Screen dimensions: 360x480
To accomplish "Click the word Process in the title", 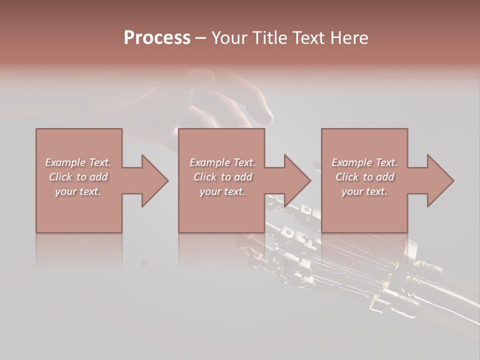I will [157, 38].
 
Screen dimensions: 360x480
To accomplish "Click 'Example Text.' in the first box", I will [78, 162].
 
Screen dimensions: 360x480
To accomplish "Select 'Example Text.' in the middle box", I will [222, 162].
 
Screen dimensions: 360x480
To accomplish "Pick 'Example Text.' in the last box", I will [364, 162].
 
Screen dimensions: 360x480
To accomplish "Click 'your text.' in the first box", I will [78, 191].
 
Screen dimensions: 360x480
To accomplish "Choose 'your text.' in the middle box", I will [222, 191].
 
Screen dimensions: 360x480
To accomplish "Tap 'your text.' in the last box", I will [364, 191].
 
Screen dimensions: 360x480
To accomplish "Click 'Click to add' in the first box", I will [78, 177].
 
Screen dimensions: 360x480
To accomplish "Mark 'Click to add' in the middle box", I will [222, 177].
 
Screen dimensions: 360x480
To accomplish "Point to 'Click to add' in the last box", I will [364, 177].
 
